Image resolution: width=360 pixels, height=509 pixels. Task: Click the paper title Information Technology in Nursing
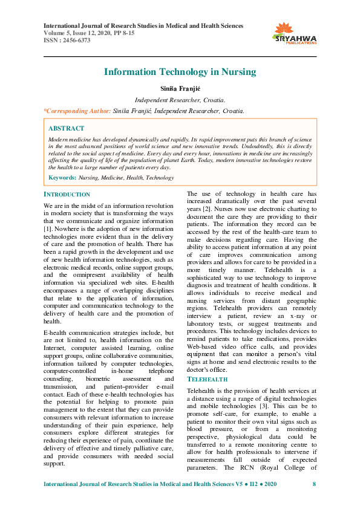pyautogui.click(x=180, y=72)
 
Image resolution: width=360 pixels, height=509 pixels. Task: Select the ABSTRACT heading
pyautogui.click(x=66, y=129)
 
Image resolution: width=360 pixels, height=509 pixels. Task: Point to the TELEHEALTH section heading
pyautogui.click(x=207, y=379)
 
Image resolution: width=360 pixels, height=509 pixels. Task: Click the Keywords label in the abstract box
pyautogui.click(x=61, y=178)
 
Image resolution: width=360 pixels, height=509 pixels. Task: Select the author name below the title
pyautogui.click(x=180, y=89)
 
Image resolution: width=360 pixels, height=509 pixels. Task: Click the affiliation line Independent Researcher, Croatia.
pyautogui.click(x=180, y=100)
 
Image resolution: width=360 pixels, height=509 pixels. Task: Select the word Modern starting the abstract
pyautogui.click(x=58, y=139)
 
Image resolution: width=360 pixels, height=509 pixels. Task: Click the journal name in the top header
pyautogui.click(x=143, y=26)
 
